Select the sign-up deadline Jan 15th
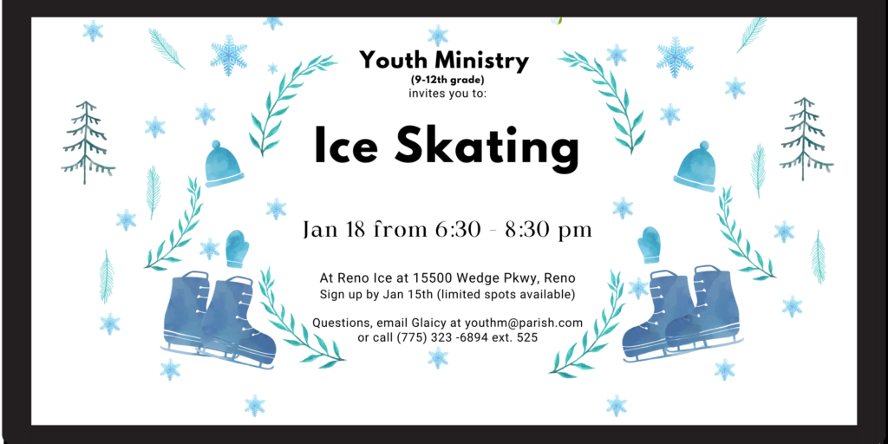point(404,295)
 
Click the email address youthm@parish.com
point(523,323)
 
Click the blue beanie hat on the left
point(223,164)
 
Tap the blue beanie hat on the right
point(695,166)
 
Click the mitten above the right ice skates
point(649,244)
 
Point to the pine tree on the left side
point(88,142)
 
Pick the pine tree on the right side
point(806,140)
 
